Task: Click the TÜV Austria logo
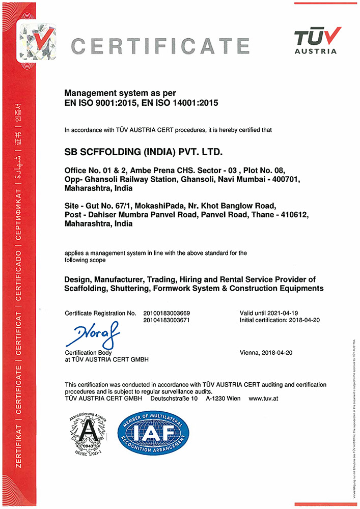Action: coord(315,40)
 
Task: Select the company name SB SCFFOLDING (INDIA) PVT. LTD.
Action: coord(144,152)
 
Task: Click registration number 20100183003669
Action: coord(172,313)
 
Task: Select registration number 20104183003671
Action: coord(172,320)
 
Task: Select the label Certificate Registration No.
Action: coord(101,313)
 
